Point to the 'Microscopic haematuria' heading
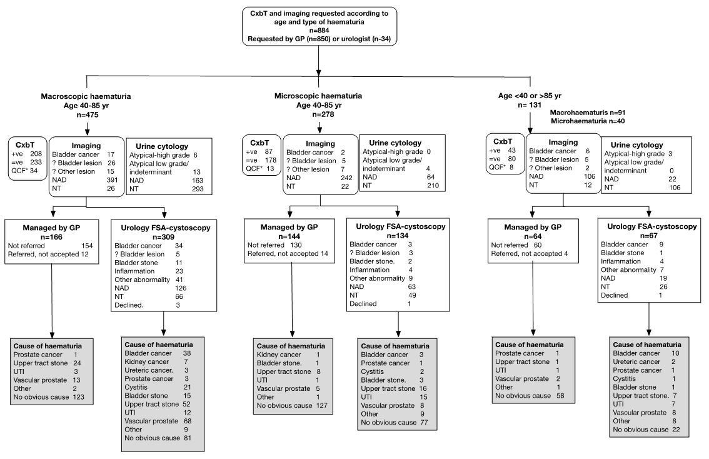click(318, 96)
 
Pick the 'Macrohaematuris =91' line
click(588, 112)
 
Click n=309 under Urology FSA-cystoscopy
click(164, 237)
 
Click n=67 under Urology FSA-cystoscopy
click(649, 237)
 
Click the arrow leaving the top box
click(319, 63)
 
